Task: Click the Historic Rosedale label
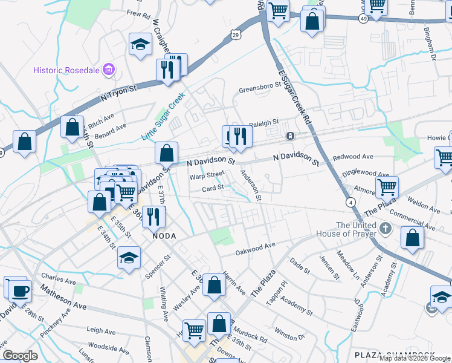pyautogui.click(x=67, y=70)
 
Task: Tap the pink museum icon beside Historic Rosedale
pyautogui.click(x=109, y=70)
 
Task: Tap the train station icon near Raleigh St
pyautogui.click(x=290, y=136)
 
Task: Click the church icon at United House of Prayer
pyautogui.click(x=388, y=230)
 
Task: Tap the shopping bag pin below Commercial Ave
pyautogui.click(x=412, y=238)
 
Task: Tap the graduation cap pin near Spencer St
pyautogui.click(x=128, y=258)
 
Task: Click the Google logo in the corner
pyautogui.click(x=20, y=355)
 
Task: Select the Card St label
pyautogui.click(x=213, y=188)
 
